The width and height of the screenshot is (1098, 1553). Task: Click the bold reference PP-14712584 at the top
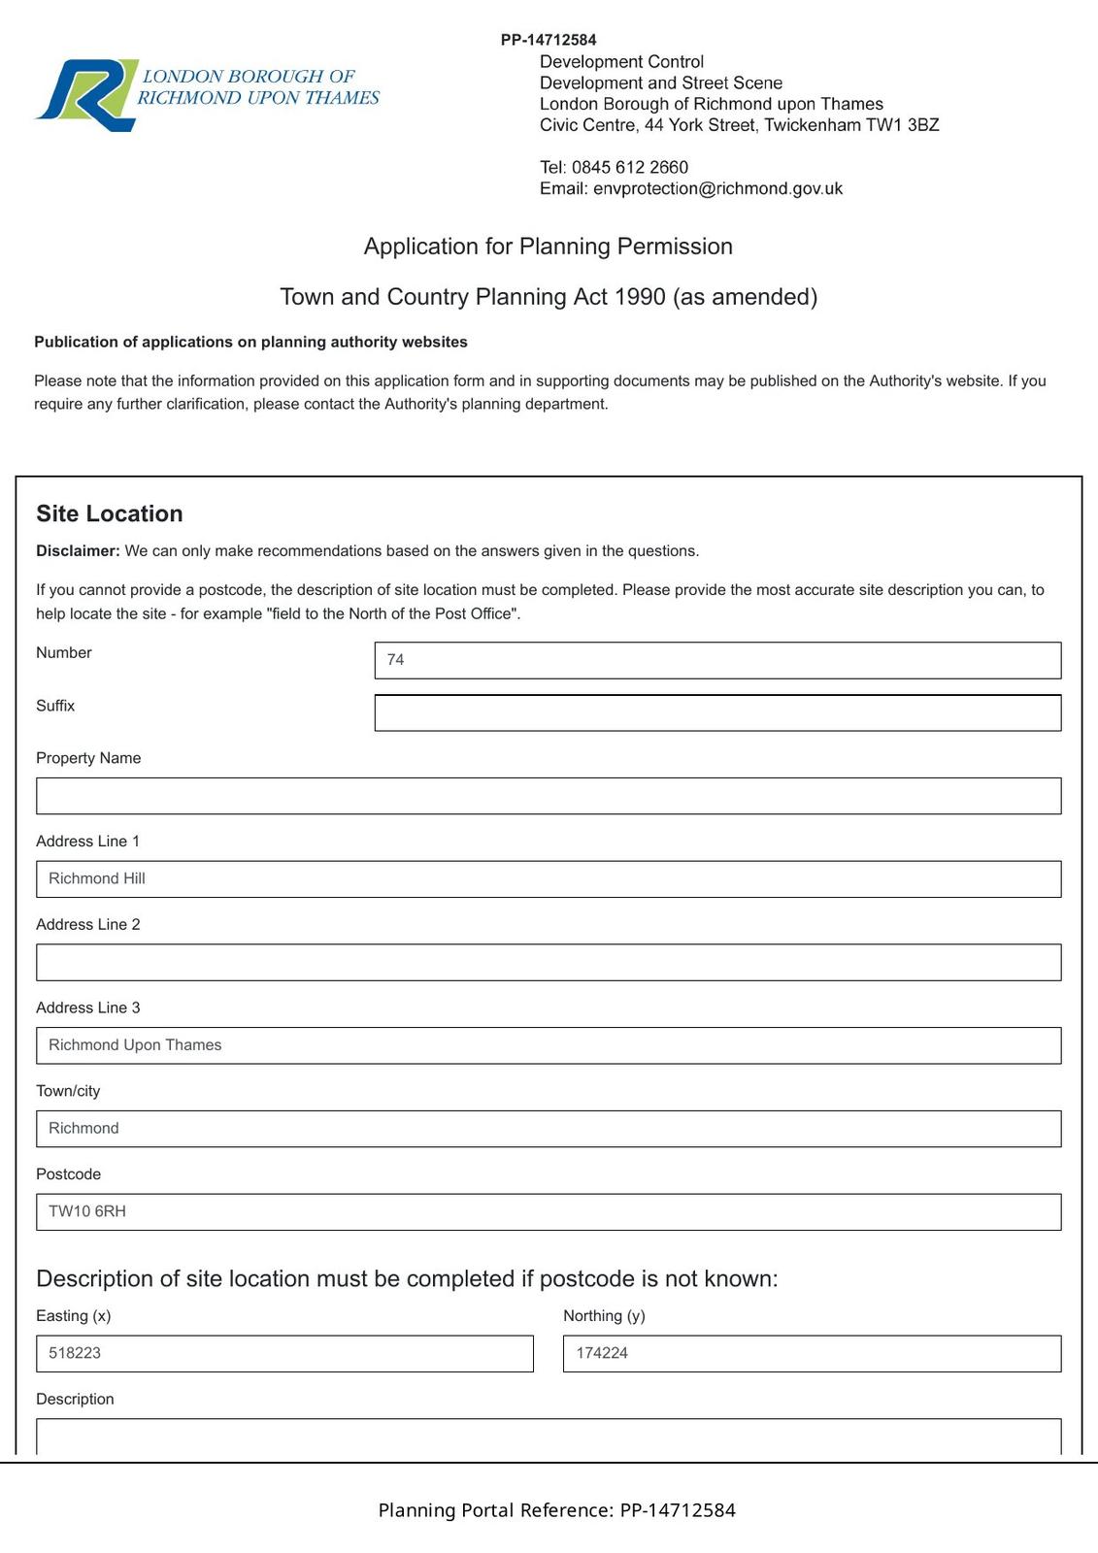[x=549, y=40]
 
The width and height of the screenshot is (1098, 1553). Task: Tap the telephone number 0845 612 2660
[x=629, y=167]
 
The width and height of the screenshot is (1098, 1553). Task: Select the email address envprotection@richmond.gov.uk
[x=717, y=188]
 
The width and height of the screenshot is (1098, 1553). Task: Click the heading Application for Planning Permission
[x=548, y=247]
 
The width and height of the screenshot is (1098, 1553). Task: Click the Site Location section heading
[x=110, y=513]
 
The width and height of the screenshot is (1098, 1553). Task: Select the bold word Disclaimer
[x=78, y=551]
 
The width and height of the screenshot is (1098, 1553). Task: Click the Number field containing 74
[x=716, y=660]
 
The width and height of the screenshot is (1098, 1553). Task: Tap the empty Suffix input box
[x=716, y=712]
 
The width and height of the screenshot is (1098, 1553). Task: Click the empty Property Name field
[x=548, y=796]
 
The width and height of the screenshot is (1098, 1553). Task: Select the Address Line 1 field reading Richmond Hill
[x=548, y=878]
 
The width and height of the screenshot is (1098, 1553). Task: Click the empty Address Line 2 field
[x=548, y=962]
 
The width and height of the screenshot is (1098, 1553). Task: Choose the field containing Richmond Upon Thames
[x=548, y=1045]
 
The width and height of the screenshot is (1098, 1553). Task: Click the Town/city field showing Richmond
[x=548, y=1128]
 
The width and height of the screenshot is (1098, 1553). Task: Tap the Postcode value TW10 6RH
[x=87, y=1211]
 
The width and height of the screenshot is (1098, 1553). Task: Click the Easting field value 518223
[x=75, y=1353]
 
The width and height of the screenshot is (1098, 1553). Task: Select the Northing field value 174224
[x=602, y=1353]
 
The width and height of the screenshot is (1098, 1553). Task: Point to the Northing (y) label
[x=604, y=1316]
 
